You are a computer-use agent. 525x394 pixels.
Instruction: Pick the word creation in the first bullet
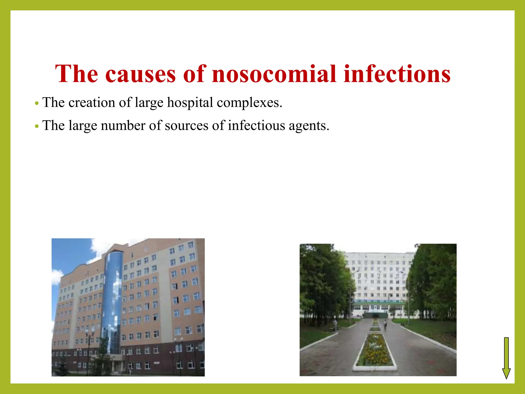92,103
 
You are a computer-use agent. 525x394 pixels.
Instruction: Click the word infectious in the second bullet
256,126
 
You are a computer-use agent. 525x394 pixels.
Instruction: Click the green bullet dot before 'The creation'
37,103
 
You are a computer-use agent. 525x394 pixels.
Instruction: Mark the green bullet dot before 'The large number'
37,126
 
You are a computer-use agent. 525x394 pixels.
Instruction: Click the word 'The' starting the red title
76,74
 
